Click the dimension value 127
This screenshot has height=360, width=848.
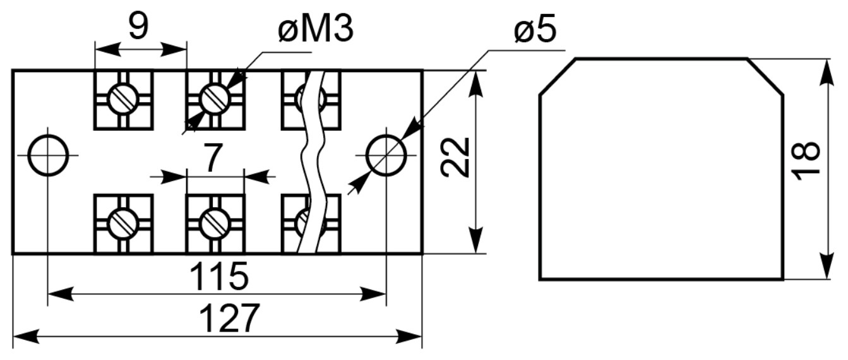[x=229, y=318]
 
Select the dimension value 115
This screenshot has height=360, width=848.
[x=219, y=276]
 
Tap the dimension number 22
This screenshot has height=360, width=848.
[x=455, y=157]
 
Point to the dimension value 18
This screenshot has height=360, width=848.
[x=806, y=161]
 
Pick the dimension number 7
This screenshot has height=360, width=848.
[x=213, y=159]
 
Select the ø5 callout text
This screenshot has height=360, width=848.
[x=535, y=29]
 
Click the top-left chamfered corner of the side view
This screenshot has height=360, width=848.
[x=558, y=77]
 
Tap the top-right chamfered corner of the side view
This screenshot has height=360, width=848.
[x=765, y=77]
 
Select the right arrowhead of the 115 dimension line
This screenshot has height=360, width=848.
[x=373, y=294]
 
